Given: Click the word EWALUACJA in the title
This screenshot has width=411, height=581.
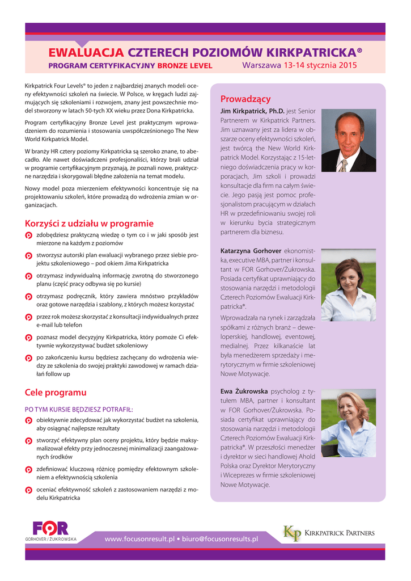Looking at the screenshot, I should click(86, 53).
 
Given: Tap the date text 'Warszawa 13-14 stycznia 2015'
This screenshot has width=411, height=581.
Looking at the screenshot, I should click(299, 65).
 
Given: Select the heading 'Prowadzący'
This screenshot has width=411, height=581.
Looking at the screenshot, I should click(245, 99).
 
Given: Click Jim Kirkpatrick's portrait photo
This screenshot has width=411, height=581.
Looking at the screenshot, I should click(348, 140).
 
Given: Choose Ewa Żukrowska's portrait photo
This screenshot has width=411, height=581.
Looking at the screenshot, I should click(348, 423).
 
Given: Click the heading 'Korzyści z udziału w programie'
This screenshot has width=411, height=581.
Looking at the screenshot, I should click(89, 224).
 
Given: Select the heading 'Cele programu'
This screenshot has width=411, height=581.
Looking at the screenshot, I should click(56, 392).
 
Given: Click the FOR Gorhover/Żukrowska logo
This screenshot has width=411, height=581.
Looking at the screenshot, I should click(50, 531).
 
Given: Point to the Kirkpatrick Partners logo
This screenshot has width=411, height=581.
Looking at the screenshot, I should click(329, 533).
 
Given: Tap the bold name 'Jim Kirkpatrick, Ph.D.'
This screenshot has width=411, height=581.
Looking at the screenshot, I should click(252, 111).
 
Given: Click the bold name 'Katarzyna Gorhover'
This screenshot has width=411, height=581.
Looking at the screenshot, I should click(251, 250).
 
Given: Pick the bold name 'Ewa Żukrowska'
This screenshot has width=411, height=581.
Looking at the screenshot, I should click(244, 391).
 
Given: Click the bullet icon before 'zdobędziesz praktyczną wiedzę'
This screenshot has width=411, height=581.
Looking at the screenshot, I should click(29, 235).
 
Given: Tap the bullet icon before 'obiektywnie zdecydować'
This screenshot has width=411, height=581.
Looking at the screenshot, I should click(29, 420).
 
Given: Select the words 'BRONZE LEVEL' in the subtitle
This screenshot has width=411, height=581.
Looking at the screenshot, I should click(185, 66).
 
